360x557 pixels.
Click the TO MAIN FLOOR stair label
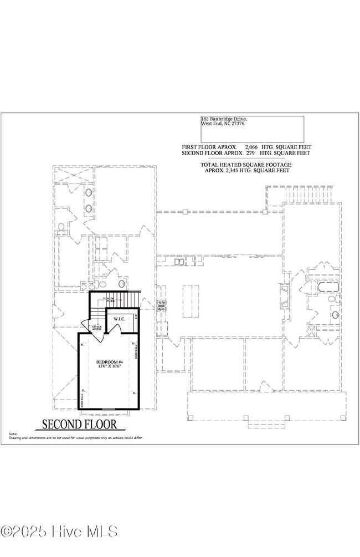coord(109,299)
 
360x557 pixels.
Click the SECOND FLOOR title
coord(80,425)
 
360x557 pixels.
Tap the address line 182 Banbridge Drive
coord(224,119)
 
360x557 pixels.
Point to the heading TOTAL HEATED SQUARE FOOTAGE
coord(246,165)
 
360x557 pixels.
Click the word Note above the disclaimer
coord(13,434)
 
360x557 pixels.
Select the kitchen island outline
coord(190,302)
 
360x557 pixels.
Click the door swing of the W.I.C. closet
coord(115,329)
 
